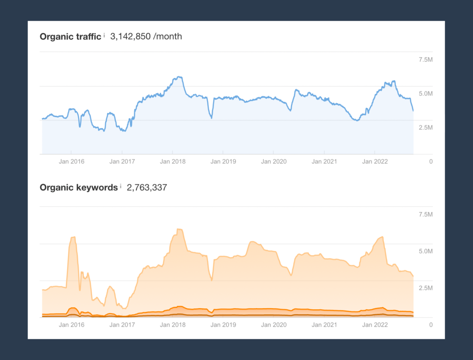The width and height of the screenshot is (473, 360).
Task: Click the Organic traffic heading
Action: (x=70, y=36)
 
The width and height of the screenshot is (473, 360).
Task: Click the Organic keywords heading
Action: (x=79, y=187)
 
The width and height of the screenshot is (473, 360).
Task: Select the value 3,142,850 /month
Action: (x=146, y=36)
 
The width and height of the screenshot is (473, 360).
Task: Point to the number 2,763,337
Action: (x=147, y=187)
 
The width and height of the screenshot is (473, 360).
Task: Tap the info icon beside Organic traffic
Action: (x=104, y=35)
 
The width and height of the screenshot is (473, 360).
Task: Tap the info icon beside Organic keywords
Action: (x=121, y=186)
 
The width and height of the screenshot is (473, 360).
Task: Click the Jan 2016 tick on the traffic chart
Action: (x=72, y=162)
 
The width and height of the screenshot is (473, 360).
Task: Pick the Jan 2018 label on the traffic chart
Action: (x=173, y=162)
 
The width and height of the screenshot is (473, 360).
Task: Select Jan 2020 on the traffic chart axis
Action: (x=274, y=162)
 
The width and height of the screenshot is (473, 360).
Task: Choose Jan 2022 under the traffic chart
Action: (x=375, y=162)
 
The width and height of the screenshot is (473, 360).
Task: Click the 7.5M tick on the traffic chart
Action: (x=425, y=60)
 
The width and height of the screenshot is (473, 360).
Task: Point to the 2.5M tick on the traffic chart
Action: (x=425, y=127)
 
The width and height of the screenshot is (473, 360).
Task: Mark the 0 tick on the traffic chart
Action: (x=431, y=162)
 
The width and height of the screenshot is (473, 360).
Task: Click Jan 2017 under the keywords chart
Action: (x=122, y=325)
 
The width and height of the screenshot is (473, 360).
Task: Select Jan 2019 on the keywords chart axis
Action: (x=223, y=325)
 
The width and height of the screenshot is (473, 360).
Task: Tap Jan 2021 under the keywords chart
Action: (x=324, y=325)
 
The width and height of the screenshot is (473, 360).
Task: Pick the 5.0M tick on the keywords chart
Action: (x=425, y=252)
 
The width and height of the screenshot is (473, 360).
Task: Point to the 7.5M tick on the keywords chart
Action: (x=425, y=215)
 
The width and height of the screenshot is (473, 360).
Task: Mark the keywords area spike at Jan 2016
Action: (x=73, y=237)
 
